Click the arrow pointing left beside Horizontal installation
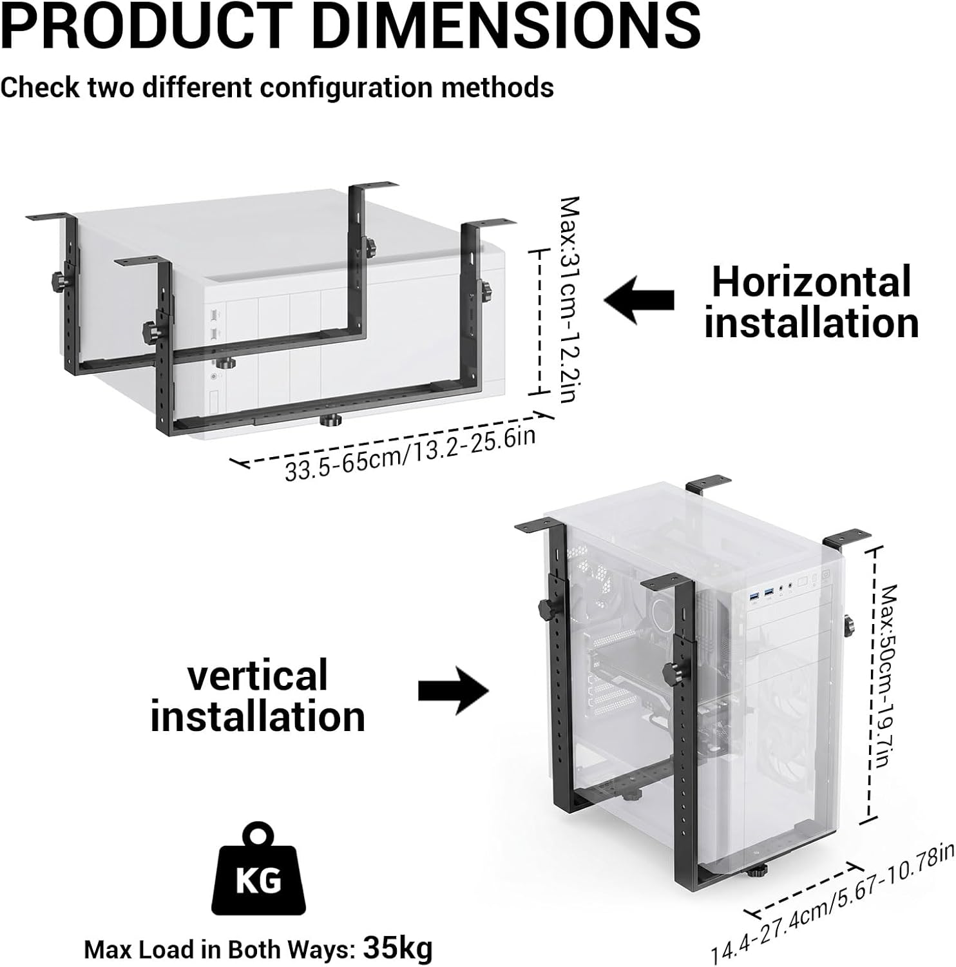pos(639,300)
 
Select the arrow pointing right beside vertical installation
pos(454,691)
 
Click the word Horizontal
pos(811,281)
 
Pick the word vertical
pos(258,675)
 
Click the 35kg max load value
pos(397,948)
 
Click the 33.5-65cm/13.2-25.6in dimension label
pos(410,454)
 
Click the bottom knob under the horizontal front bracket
pos(331,422)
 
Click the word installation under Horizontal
pos(811,322)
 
